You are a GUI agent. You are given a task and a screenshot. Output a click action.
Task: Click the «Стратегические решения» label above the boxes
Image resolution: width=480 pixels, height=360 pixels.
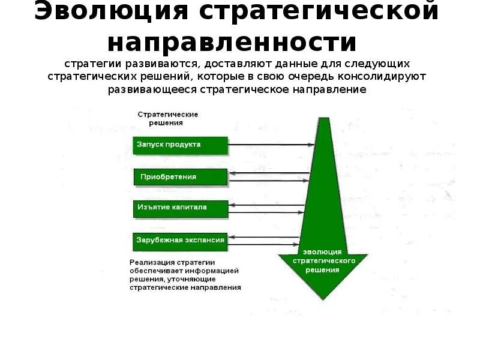168,118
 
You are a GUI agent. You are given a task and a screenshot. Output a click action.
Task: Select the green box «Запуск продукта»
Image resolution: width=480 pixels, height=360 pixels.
181,145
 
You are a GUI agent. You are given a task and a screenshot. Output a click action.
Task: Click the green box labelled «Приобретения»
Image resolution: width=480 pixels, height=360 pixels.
181,177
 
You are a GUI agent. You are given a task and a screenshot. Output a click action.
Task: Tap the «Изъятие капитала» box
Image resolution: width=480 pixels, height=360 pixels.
181,208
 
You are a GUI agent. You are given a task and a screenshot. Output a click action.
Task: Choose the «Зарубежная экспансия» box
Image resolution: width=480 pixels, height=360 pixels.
181,240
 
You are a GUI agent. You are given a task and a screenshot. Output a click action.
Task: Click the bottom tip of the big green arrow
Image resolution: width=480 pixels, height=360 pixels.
323,298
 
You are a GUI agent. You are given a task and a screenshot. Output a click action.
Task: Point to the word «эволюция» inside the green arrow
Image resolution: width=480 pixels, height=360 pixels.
323,252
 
